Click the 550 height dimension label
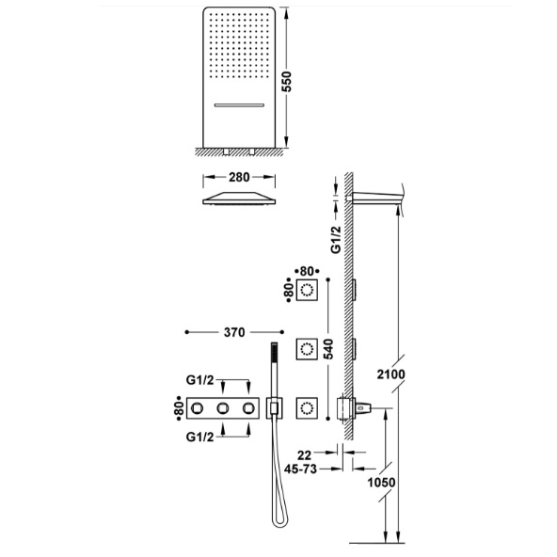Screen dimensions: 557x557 (x=286, y=82)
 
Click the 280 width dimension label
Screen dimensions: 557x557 (x=239, y=177)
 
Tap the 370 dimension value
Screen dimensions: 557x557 (x=234, y=332)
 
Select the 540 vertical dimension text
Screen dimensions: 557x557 (x=329, y=349)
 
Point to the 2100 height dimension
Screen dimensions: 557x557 (x=390, y=374)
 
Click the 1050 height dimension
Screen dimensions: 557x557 (x=381, y=483)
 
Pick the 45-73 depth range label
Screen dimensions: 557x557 (x=300, y=469)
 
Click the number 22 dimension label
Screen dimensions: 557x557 (x=304, y=455)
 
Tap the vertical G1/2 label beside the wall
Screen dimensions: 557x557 (x=336, y=240)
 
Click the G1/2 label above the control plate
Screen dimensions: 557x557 (x=200, y=380)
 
